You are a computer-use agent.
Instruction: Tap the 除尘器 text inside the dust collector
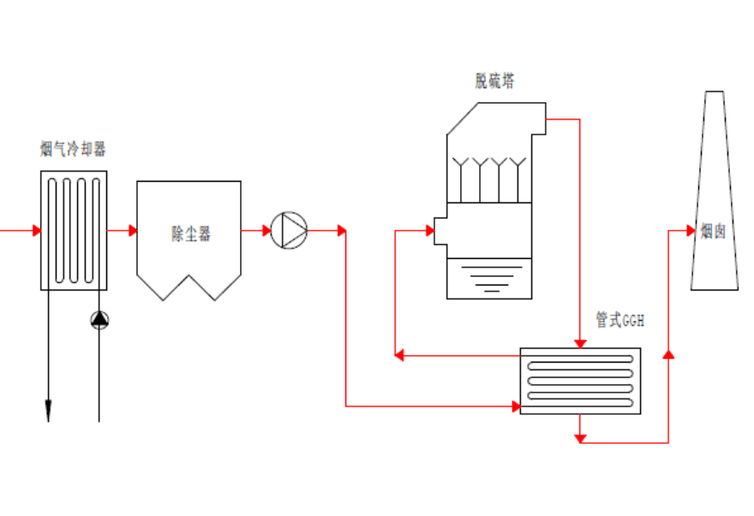(x=190, y=233)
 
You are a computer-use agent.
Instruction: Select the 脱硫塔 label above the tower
(x=495, y=81)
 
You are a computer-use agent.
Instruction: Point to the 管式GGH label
(x=619, y=321)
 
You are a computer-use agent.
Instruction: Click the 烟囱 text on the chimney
(x=713, y=231)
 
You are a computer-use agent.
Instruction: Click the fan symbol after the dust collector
(x=289, y=230)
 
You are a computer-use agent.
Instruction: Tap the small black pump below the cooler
(x=99, y=321)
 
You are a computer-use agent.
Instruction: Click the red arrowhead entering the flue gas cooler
(x=36, y=230)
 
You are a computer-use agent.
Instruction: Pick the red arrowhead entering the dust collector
(x=132, y=230)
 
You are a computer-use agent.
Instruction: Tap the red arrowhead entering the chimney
(x=690, y=230)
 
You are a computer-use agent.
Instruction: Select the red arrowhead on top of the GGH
(x=580, y=345)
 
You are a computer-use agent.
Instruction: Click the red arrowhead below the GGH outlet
(x=580, y=438)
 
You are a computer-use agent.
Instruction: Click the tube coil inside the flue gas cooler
(x=74, y=230)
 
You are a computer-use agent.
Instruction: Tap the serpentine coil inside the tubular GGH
(x=580, y=380)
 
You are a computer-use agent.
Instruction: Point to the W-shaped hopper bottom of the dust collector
(x=189, y=287)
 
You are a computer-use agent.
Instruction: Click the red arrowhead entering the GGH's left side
(x=516, y=405)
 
